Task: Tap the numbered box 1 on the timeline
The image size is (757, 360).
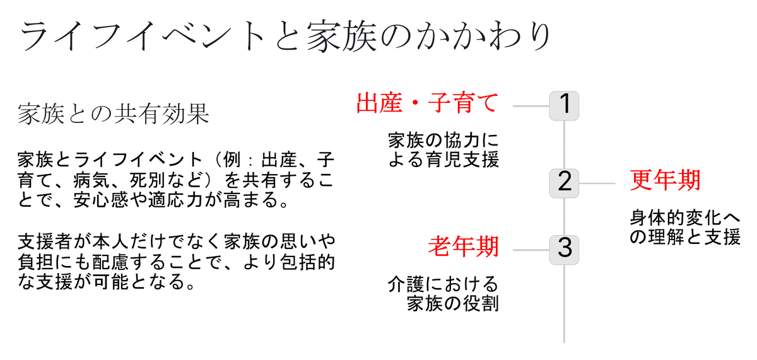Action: pyautogui.click(x=564, y=105)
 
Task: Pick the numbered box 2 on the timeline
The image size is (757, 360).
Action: pyautogui.click(x=564, y=183)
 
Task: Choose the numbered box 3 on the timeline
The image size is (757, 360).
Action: pyautogui.click(x=564, y=250)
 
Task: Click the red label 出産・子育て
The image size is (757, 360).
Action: pyautogui.click(x=428, y=103)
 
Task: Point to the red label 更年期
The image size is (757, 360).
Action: pyautogui.click(x=665, y=182)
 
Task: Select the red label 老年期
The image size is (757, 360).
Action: pyautogui.click(x=464, y=247)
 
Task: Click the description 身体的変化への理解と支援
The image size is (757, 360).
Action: pyautogui.click(x=684, y=228)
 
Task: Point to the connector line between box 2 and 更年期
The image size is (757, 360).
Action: pyautogui.click(x=597, y=183)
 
